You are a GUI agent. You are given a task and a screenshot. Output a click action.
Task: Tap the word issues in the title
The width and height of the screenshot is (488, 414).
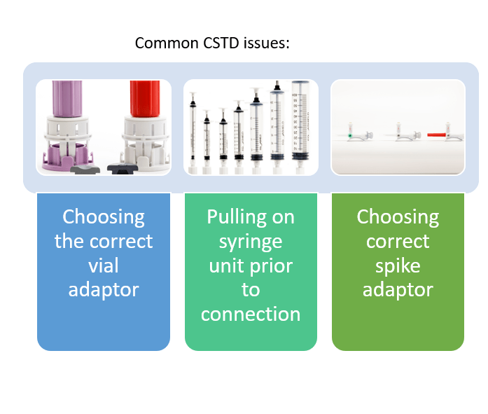tap(267, 43)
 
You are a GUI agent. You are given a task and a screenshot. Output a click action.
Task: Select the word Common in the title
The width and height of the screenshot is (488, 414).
tap(167, 43)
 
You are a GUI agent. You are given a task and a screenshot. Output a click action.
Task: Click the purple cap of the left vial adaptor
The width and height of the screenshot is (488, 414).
tap(67, 98)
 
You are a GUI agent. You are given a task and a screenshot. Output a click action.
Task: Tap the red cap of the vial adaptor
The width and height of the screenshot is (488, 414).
tap(145, 98)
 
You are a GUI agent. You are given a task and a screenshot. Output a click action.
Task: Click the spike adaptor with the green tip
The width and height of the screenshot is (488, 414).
tap(359, 134)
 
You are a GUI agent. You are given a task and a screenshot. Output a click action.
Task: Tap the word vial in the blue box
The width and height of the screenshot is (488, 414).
tap(104, 265)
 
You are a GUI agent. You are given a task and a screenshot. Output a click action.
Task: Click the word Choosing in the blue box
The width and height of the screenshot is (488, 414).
tap(104, 217)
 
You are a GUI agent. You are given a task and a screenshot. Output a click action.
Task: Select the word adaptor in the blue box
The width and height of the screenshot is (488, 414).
tap(104, 290)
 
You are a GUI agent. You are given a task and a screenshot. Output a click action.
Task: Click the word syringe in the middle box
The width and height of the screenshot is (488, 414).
tap(251, 242)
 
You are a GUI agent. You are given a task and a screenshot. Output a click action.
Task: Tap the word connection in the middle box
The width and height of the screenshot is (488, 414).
tap(251, 314)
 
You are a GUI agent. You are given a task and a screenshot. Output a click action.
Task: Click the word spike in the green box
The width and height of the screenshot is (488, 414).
tap(398, 266)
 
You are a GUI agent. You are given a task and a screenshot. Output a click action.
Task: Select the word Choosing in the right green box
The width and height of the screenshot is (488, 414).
tap(398, 217)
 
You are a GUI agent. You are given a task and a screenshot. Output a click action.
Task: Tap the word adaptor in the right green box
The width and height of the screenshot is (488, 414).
tap(398, 290)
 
